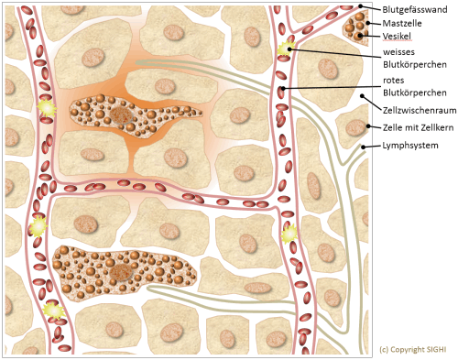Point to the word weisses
(401, 53)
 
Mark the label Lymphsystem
(408, 147)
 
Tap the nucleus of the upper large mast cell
(122, 116)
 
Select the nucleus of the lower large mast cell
(119, 273)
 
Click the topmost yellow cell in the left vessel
(45, 110)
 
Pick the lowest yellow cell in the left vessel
(52, 312)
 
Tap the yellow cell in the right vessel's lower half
(289, 235)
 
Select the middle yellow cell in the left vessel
(38, 225)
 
